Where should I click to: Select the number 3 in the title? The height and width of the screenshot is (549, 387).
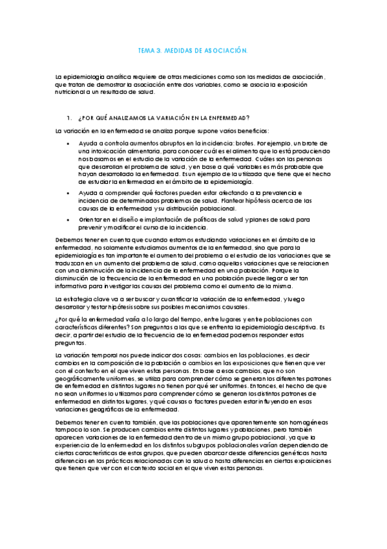coord(160,50)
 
